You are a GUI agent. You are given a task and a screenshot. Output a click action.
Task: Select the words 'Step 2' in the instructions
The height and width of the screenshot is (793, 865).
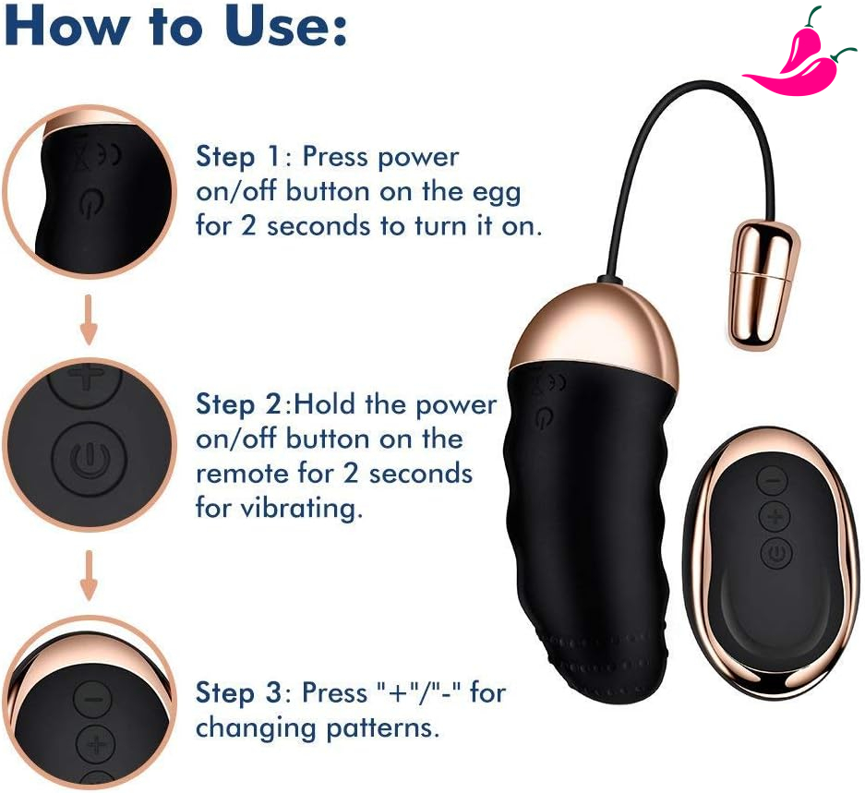click(x=239, y=404)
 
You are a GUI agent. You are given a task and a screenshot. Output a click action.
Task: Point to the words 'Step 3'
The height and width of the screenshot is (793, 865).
click(x=239, y=693)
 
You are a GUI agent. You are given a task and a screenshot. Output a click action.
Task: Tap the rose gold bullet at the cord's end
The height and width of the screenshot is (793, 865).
click(x=764, y=284)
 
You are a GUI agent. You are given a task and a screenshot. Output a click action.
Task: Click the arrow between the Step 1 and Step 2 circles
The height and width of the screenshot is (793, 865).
click(x=89, y=320)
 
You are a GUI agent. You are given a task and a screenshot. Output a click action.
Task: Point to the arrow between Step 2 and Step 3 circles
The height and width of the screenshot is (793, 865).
click(x=89, y=575)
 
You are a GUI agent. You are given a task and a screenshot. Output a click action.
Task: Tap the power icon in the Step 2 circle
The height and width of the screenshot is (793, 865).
click(x=90, y=459)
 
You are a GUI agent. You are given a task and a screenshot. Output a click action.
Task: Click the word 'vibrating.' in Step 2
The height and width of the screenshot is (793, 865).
click(x=280, y=509)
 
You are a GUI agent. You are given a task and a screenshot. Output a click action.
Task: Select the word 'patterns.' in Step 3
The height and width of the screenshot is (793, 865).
click(x=383, y=728)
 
